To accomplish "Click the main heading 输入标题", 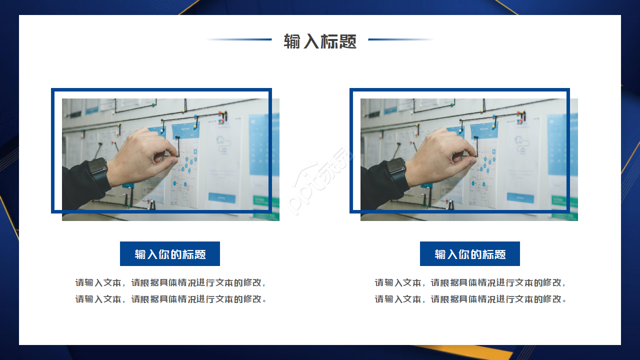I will [x=320, y=41].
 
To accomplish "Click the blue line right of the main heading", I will [x=400, y=39].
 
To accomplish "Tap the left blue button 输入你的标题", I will [x=170, y=254].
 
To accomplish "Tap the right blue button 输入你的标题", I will [x=470, y=254].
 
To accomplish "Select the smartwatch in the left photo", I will [x=99, y=172].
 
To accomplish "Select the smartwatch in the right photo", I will [x=397, y=172].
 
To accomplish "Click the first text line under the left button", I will [x=170, y=282].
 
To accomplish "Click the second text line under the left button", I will [x=170, y=299].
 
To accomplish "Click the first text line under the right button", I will [x=470, y=282].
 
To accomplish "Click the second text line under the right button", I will [x=470, y=299].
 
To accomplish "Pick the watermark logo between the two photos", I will [x=320, y=180].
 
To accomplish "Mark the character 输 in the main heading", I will [x=292, y=41].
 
